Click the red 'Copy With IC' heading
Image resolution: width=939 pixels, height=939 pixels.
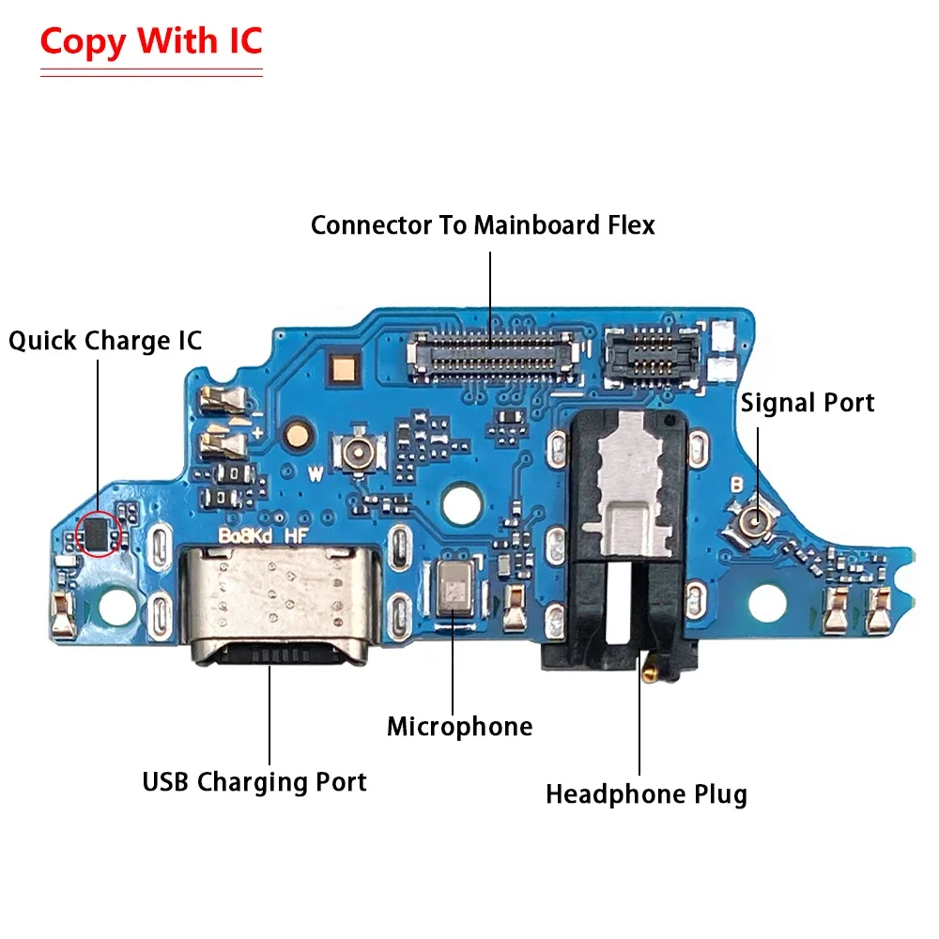pos(151,42)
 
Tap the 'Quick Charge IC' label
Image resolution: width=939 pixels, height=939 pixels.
pos(105,340)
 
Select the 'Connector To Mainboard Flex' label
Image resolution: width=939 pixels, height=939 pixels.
pos(483,225)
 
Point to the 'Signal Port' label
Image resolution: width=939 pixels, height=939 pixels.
pos(808,403)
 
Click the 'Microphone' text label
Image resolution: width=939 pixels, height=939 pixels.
pos(459,726)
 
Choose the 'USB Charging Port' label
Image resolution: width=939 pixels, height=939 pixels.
pos(254,781)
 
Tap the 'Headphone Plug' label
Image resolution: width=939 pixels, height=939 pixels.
pos(646,794)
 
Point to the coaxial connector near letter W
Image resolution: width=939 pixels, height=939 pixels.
pos(359,453)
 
